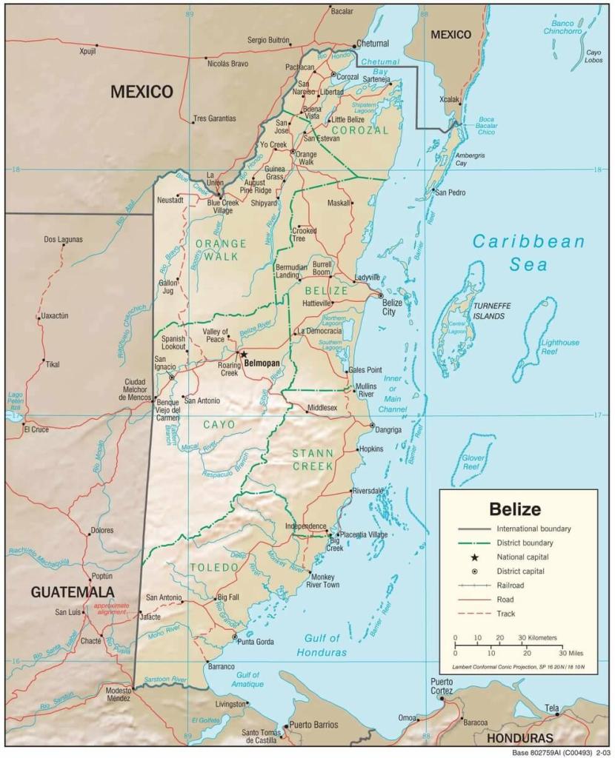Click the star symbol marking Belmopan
pyautogui.click(x=243, y=355)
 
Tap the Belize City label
pyautogui.click(x=392, y=307)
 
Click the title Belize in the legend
pyautogui.click(x=514, y=509)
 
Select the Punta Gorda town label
pyautogui.click(x=256, y=641)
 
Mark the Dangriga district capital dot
pyautogui.click(x=372, y=425)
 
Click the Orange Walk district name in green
pyautogui.click(x=221, y=249)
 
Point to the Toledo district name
pyautogui.click(x=214, y=567)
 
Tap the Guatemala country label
pyautogui.click(x=73, y=591)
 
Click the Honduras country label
pyautogui.click(x=520, y=738)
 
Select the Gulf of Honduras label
pyautogui.click(x=322, y=645)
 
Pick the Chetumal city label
pyautogui.click(x=372, y=44)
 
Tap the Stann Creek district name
pyautogui.click(x=313, y=460)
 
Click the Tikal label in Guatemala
pyautogui.click(x=52, y=364)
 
